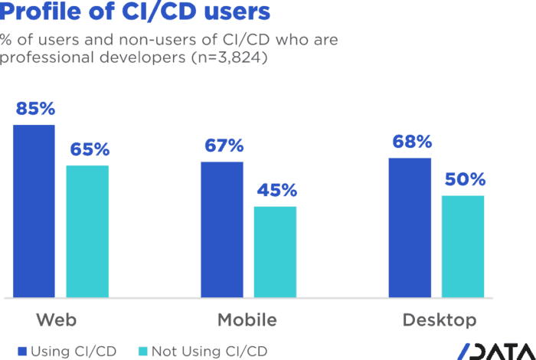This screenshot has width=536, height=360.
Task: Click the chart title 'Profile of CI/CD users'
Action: coord(135,11)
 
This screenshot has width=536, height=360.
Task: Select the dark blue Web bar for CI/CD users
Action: coord(34,211)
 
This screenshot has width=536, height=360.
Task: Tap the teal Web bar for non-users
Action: coord(87,231)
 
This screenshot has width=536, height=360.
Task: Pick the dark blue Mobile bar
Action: coord(222,229)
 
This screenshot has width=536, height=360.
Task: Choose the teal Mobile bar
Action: coord(275,251)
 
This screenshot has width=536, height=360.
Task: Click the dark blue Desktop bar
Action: coord(410,227)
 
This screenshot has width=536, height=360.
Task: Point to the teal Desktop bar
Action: coord(463,246)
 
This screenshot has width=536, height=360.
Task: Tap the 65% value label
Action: coord(90,150)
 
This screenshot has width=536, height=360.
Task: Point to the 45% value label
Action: coord(276,191)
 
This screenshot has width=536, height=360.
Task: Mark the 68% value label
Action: coord(412,142)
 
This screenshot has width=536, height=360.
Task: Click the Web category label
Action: coord(57,319)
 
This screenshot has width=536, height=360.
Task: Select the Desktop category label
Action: coord(440,319)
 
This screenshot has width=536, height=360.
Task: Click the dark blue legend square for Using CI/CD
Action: coord(22,352)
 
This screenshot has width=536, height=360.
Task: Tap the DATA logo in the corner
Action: coord(496,352)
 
